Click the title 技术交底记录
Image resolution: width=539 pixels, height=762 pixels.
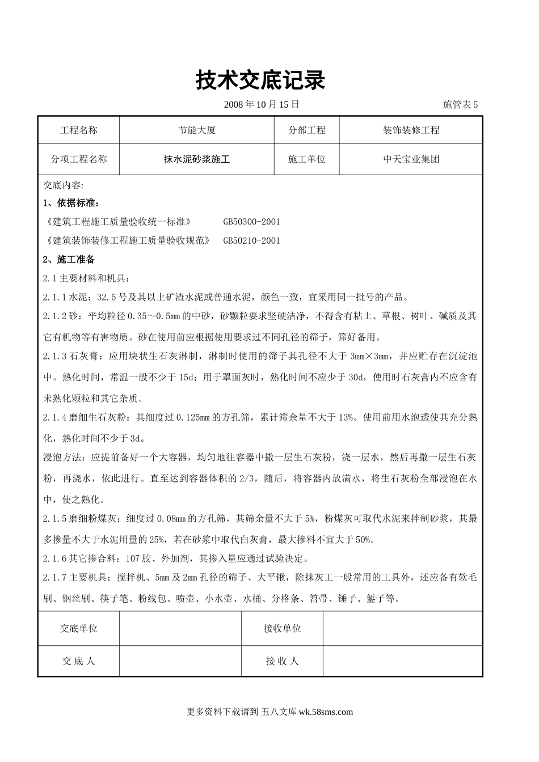coord(260,81)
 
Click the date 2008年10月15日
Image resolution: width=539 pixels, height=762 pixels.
coord(261,104)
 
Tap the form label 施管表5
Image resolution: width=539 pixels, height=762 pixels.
coord(460,104)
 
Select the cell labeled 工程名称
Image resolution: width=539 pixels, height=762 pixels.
coord(79,130)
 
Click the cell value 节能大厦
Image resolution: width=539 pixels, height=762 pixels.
coord(197,130)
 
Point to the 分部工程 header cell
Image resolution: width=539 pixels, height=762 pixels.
coord(307,130)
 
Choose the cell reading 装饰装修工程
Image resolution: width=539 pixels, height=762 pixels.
coord(411,130)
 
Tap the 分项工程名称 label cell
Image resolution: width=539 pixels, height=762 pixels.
coord(79,159)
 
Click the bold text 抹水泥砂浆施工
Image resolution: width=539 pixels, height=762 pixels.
coord(197,159)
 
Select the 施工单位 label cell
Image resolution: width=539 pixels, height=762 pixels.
coord(307,159)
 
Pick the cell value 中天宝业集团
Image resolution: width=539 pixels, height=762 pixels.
coord(411,159)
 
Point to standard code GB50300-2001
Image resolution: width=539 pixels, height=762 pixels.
coord(251,222)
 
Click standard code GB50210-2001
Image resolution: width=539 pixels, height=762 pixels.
coord(251,240)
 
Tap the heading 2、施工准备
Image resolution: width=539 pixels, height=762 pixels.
coord(69,259)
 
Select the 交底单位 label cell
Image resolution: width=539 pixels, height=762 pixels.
coord(79,628)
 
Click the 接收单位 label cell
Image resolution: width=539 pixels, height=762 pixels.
coord(282,628)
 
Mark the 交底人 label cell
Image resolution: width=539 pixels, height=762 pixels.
coord(79,661)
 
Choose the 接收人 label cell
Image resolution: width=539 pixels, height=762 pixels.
coord(282,661)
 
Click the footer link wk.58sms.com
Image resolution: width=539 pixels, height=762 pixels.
coord(325,712)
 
